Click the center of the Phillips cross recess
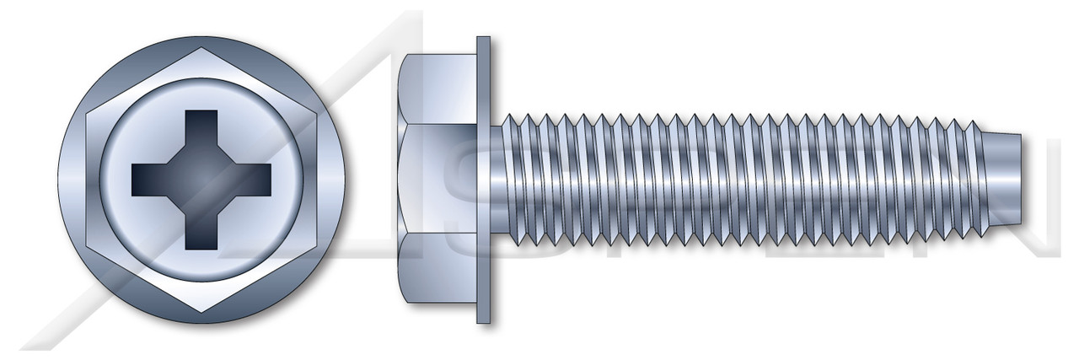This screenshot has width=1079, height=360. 201,179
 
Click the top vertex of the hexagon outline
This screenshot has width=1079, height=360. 201,48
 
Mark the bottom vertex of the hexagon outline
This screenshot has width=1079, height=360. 201,311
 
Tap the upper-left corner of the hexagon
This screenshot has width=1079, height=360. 87,113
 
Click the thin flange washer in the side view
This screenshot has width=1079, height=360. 483,180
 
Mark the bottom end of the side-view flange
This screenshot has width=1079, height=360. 483,319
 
